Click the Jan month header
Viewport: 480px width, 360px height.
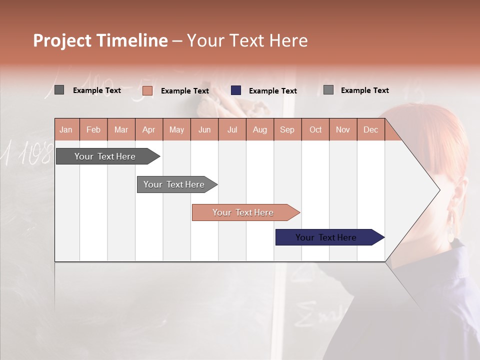pyautogui.click(x=66, y=129)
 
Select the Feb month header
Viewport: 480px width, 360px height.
pyautogui.click(x=93, y=129)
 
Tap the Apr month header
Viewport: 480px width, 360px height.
pyautogui.click(x=148, y=129)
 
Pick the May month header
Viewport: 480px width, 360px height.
pyautogui.click(x=176, y=129)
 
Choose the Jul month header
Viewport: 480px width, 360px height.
pyautogui.click(x=232, y=129)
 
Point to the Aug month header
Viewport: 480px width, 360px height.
pyautogui.click(x=259, y=129)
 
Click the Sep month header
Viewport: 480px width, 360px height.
pyautogui.click(x=287, y=129)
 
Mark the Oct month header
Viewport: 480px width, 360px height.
pyautogui.click(x=315, y=129)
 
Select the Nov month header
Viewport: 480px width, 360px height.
pyautogui.click(x=342, y=129)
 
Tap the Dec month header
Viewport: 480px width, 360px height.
pyautogui.click(x=370, y=129)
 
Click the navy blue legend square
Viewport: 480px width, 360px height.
pyautogui.click(x=236, y=90)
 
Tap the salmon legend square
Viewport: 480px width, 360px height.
pyautogui.click(x=147, y=90)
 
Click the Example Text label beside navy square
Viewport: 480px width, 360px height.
pyautogui.click(x=272, y=91)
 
